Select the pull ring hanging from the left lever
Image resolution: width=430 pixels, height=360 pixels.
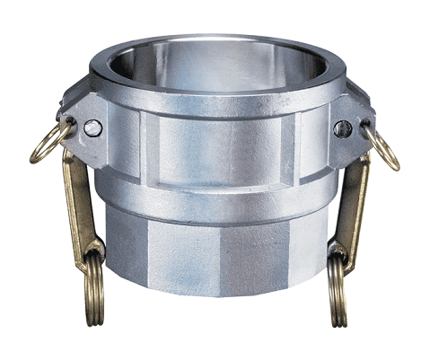pos(90,278)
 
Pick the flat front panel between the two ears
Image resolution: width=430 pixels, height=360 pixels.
pos(215,148)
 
